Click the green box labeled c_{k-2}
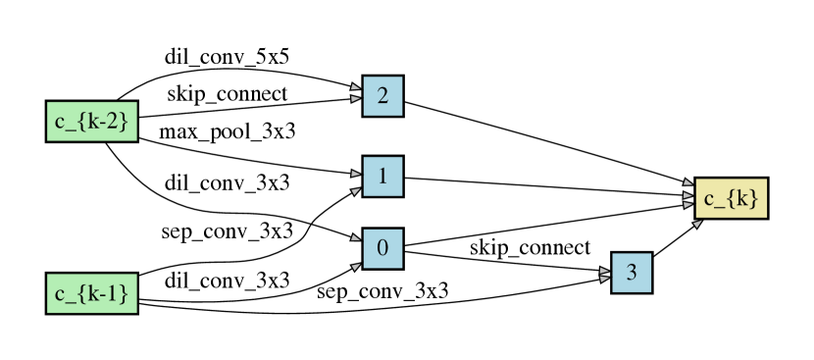point(91,122)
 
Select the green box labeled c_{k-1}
point(91,293)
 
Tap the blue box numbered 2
point(382,96)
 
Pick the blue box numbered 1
point(382,177)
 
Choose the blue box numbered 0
point(382,249)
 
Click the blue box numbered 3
point(632,273)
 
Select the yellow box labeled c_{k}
point(731,198)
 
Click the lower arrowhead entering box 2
point(355,98)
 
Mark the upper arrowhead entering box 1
point(355,175)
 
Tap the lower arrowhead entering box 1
point(355,190)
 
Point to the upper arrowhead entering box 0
point(355,236)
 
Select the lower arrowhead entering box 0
point(355,265)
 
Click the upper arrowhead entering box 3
point(604,269)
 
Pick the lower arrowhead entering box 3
point(604,279)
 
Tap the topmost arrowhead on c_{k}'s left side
point(687,182)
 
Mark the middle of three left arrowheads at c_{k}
point(687,194)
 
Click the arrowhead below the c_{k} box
point(697,224)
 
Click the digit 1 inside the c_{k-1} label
point(118,293)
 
